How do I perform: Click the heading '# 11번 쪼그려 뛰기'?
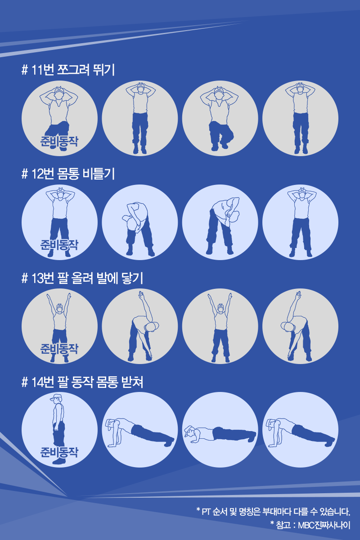68,70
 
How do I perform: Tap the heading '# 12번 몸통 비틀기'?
68,174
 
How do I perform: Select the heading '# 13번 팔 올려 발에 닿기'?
82,278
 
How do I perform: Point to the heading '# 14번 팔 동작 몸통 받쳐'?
82,382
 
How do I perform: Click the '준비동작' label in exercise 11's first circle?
59,141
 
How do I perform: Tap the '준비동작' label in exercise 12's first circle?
59,245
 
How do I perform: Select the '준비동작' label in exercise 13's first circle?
59,349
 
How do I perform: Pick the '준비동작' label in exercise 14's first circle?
59,452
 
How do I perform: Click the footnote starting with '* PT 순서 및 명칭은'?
273,511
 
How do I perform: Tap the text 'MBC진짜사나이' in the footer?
324,525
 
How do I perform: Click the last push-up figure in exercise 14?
300,432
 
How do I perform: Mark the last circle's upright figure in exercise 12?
301,222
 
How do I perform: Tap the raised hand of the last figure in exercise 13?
298,295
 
